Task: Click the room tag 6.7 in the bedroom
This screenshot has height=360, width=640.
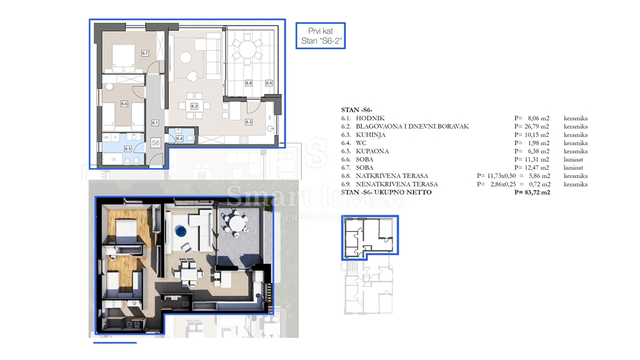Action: [x=145, y=53]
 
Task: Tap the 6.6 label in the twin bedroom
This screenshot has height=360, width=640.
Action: [x=124, y=104]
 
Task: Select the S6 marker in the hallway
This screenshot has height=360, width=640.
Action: [x=156, y=143]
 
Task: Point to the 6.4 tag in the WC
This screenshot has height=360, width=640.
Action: [x=179, y=139]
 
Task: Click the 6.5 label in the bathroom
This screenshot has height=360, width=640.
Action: [x=128, y=149]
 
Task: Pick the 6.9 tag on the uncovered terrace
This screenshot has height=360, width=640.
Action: [x=269, y=83]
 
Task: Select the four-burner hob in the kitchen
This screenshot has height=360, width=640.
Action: [x=244, y=140]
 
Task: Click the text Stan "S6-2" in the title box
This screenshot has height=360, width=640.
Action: [x=321, y=41]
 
